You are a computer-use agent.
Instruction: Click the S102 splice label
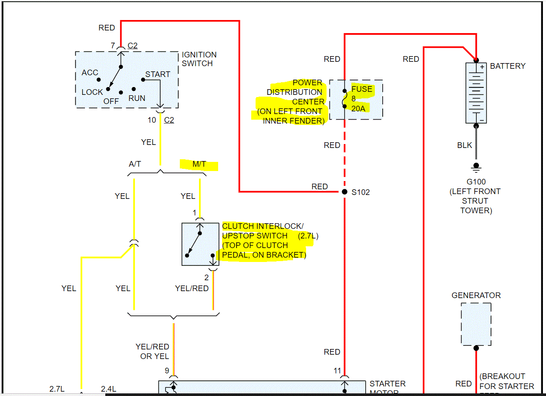point(361,192)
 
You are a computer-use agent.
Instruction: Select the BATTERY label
point(508,66)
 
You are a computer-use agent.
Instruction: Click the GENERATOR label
point(476,295)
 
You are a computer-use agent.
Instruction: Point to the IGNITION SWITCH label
point(199,59)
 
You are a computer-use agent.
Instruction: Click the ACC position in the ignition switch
point(90,73)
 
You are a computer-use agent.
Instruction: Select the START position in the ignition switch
point(158,74)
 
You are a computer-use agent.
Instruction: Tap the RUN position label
point(137,98)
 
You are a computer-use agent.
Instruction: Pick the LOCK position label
point(92,92)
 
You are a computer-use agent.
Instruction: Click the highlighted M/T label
point(199,164)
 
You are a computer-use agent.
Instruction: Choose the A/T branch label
point(135,164)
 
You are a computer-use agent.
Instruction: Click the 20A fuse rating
point(358,109)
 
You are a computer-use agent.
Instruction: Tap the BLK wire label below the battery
point(465,145)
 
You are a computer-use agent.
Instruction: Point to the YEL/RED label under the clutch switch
point(192,289)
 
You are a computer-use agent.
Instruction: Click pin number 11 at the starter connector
point(337,371)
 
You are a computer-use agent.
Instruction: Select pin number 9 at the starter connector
point(167,371)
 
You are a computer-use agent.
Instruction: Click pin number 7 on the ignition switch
point(113,46)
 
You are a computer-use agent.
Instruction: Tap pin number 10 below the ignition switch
point(152,120)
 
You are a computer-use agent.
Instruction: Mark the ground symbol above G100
point(476,168)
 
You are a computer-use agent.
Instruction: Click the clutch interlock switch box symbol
point(200,244)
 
